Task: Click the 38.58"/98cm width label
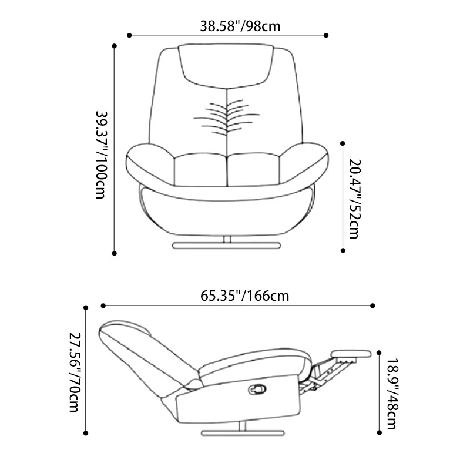tap(240, 26)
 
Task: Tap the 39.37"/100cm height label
tap(101, 155)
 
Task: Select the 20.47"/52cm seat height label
tap(355, 199)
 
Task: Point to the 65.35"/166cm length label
tap(244, 296)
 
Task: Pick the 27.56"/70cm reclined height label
tap(75, 372)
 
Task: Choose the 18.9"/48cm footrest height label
tap(392, 394)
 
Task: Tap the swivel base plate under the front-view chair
tap(227, 246)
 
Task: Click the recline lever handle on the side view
tap(257, 389)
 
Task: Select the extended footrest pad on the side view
tap(351, 354)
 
